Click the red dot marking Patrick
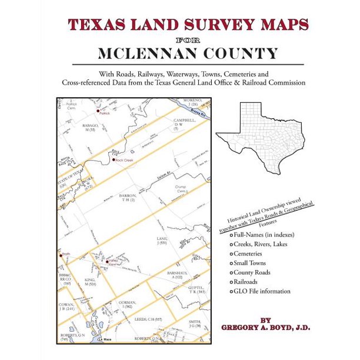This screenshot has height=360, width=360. (x=97, y=110)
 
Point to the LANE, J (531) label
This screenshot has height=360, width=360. (x=162, y=240)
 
